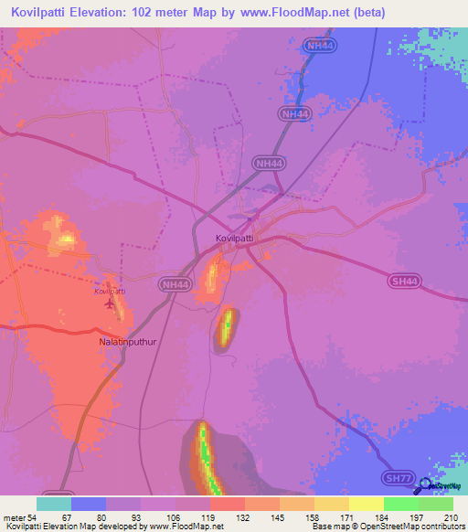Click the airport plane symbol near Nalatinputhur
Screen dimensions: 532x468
pyautogui.click(x=112, y=303)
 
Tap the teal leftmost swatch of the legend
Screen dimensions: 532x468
pyautogui.click(x=54, y=504)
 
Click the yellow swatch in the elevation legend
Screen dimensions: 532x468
pyautogui.click(x=367, y=504)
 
